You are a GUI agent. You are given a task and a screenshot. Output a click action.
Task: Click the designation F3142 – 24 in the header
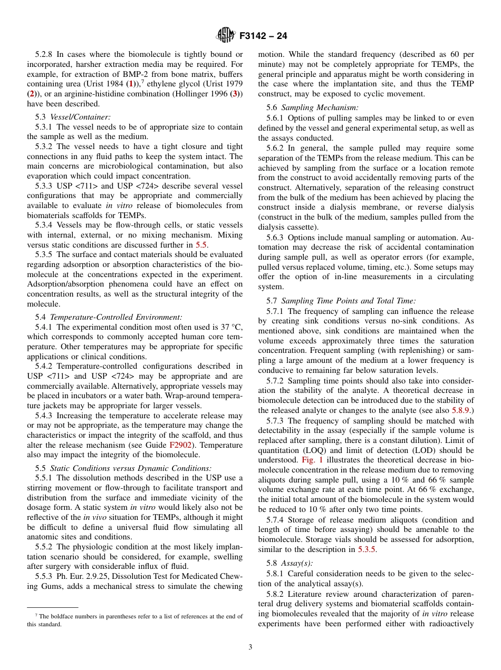coord(263,36)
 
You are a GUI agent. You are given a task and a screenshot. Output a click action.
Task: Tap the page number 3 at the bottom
coord(250,647)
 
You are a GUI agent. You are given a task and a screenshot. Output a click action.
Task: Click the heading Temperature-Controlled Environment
coord(116,317)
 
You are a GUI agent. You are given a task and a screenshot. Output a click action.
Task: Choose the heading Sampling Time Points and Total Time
coord(349,301)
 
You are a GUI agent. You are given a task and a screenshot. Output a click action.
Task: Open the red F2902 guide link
coord(179,445)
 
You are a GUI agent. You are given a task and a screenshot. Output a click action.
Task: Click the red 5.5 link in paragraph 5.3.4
coord(201,244)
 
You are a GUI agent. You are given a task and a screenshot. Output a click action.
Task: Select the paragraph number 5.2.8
coord(44,54)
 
